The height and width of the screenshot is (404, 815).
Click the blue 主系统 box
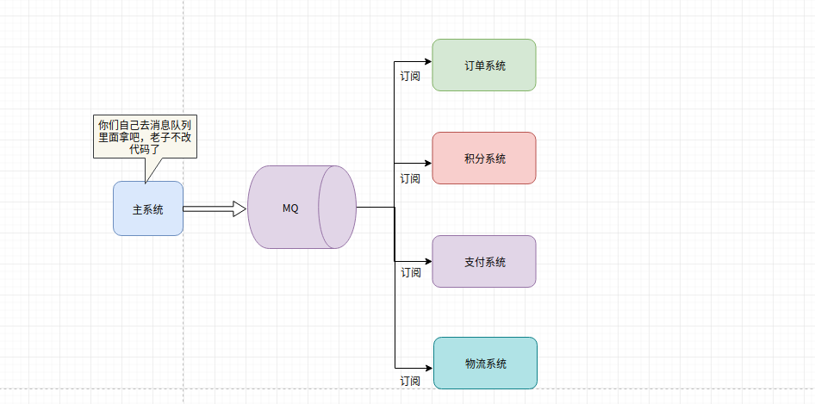pyautogui.click(x=147, y=208)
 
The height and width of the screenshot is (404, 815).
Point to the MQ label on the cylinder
pyautogui.click(x=290, y=208)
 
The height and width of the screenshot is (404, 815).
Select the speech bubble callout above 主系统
pyautogui.click(x=145, y=136)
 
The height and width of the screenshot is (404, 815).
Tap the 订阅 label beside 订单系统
pyautogui.click(x=410, y=76)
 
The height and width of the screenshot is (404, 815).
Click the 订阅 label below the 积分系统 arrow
pyautogui.click(x=410, y=178)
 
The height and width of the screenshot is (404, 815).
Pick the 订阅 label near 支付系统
pyautogui.click(x=411, y=272)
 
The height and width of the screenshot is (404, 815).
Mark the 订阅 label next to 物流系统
pyautogui.click(x=410, y=380)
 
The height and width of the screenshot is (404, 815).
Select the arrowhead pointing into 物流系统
pyautogui.click(x=427, y=368)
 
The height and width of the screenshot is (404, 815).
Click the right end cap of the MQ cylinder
pyautogui.click(x=338, y=207)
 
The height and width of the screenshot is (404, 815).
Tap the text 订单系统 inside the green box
pyautogui.click(x=484, y=65)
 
